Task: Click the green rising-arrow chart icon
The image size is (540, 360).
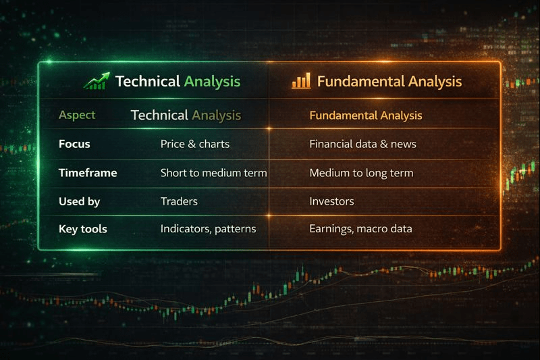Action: click(x=97, y=81)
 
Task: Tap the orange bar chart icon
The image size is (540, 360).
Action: click(x=301, y=80)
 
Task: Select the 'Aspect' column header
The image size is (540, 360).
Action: click(x=77, y=115)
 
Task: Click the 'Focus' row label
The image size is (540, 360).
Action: click(x=74, y=144)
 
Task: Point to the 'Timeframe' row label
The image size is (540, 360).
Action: click(x=88, y=173)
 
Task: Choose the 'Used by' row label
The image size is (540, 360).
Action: click(x=79, y=201)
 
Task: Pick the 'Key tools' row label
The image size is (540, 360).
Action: click(x=82, y=229)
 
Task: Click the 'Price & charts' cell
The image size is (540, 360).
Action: click(x=195, y=144)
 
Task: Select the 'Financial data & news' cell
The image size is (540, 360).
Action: click(x=362, y=144)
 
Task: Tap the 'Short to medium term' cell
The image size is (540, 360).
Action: click(x=213, y=173)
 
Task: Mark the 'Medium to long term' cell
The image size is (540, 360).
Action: click(x=361, y=173)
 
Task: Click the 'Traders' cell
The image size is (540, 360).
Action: click(x=179, y=201)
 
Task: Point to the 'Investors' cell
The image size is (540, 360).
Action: click(x=331, y=201)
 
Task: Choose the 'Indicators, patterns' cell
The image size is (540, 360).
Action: click(x=209, y=229)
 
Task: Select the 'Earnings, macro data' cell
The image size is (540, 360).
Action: click(x=360, y=229)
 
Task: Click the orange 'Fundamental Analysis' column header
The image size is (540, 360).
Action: click(x=366, y=115)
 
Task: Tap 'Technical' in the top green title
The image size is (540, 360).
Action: click(x=148, y=81)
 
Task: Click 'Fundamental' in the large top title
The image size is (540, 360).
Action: click(x=361, y=81)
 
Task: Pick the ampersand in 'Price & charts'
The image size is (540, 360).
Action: click(x=192, y=144)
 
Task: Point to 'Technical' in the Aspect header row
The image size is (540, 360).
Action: click(x=159, y=115)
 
